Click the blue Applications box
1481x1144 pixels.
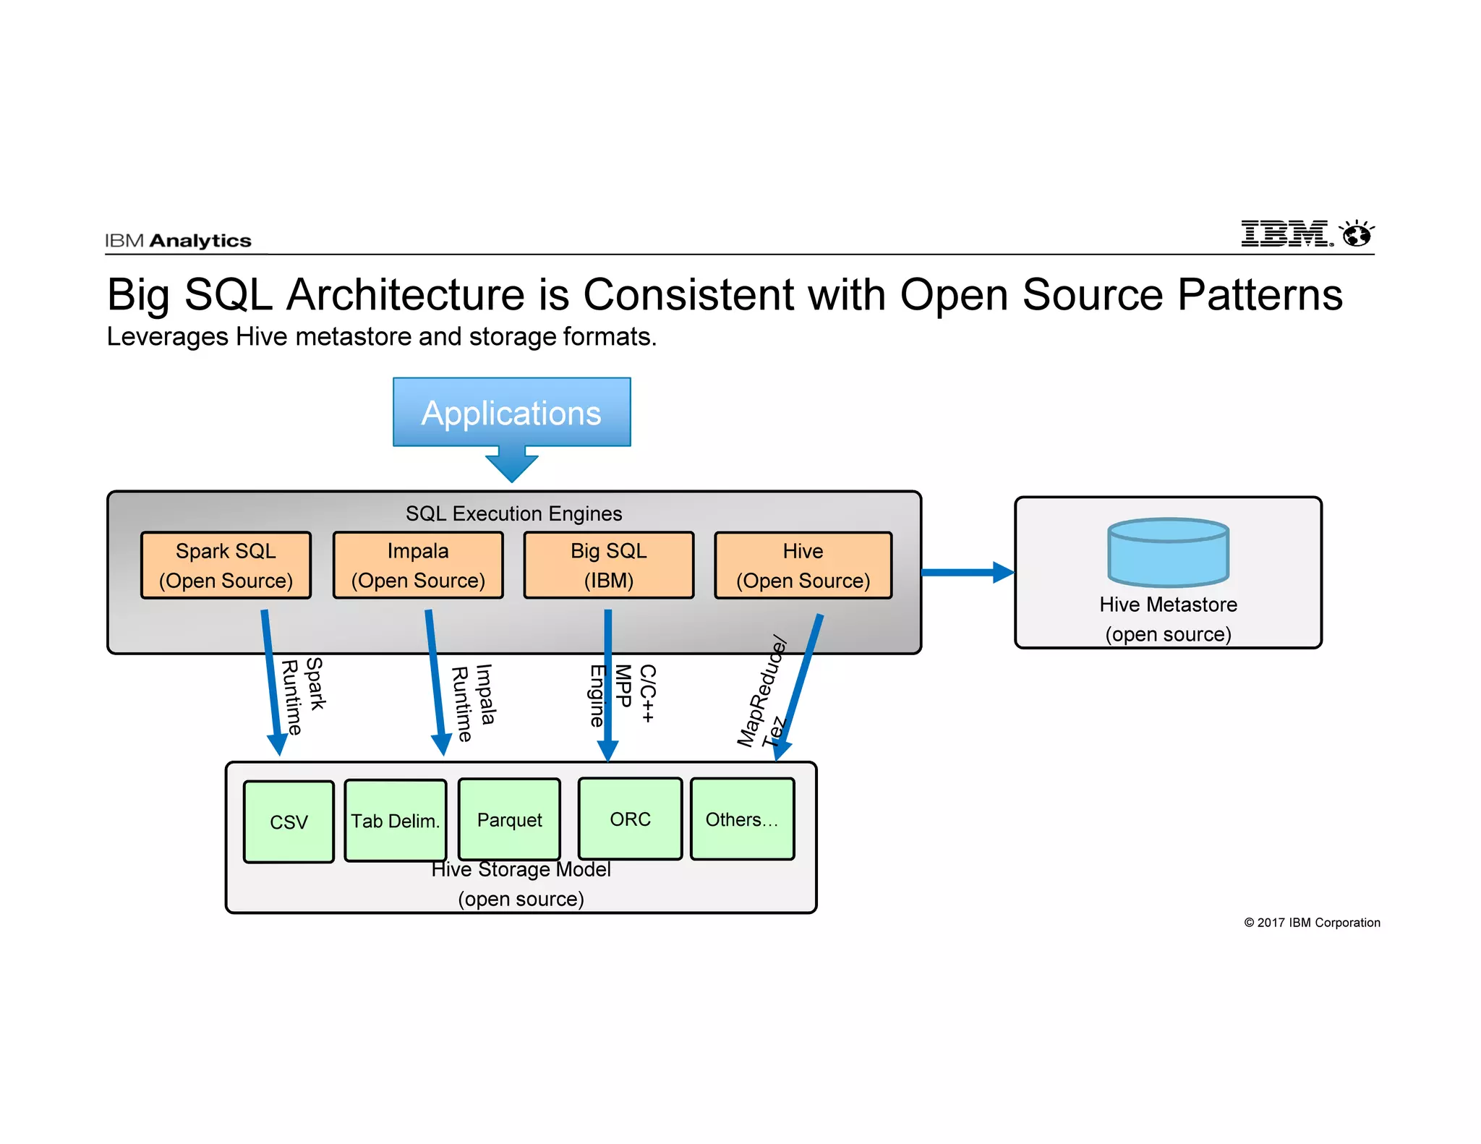click(x=511, y=412)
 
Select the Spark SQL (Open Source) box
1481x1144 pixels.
click(x=226, y=565)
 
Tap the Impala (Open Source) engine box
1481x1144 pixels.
click(x=418, y=565)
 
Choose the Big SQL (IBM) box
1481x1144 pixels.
click(x=608, y=565)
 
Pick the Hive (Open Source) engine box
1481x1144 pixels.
click(x=803, y=565)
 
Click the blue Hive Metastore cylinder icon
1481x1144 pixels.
click(x=1168, y=552)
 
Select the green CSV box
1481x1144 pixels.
click(x=289, y=822)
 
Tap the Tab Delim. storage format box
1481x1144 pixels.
click(x=396, y=821)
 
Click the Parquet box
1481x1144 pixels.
click(x=509, y=819)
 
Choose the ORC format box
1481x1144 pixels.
click(x=630, y=819)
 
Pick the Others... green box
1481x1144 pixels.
click(x=742, y=819)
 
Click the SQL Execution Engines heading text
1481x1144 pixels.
click(x=513, y=513)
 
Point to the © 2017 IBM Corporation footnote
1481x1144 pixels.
click(x=1312, y=923)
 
